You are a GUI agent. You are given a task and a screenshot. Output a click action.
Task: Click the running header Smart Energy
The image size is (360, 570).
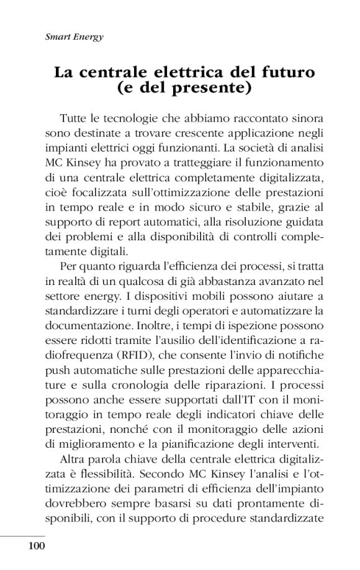pos(74,37)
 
